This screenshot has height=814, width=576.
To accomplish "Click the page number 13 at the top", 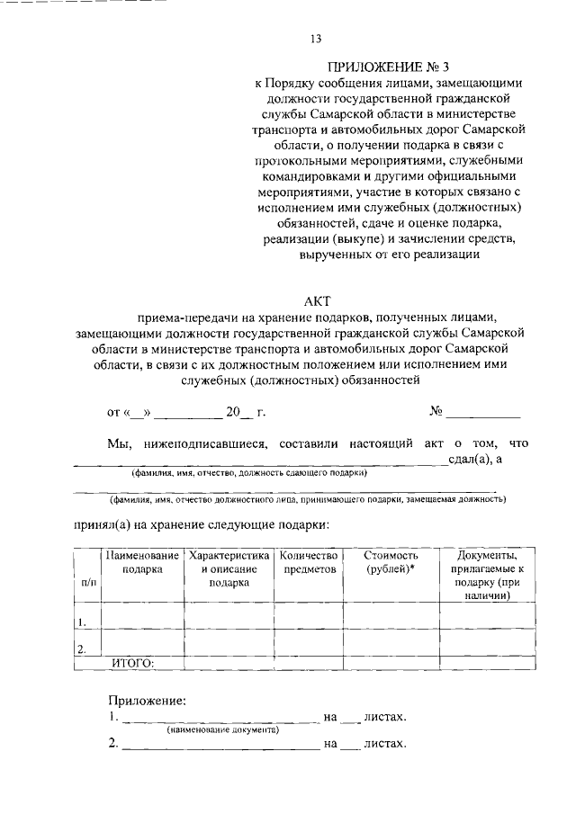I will click(316, 38).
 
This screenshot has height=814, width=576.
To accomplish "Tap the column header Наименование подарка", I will click(142, 562).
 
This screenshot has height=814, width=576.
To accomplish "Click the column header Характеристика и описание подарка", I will click(229, 568).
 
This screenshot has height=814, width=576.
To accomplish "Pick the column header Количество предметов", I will click(309, 562).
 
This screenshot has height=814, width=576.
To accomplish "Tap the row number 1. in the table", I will click(82, 622).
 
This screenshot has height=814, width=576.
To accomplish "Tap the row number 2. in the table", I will click(82, 649).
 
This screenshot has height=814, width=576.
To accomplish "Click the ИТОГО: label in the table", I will click(132, 663).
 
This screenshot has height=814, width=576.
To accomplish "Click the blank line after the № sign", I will click(483, 415).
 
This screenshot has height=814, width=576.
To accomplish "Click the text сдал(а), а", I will click(474, 460).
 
